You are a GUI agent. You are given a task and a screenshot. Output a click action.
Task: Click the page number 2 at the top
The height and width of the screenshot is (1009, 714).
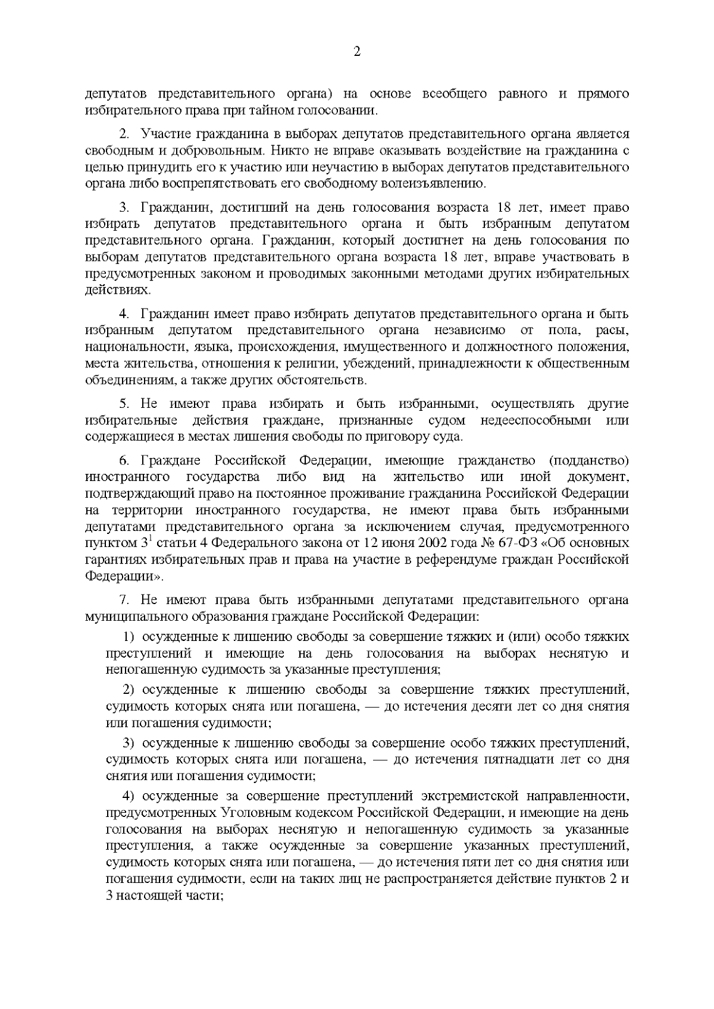356,52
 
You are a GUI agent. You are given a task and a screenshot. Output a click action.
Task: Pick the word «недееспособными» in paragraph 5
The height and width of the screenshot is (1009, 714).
535,420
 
